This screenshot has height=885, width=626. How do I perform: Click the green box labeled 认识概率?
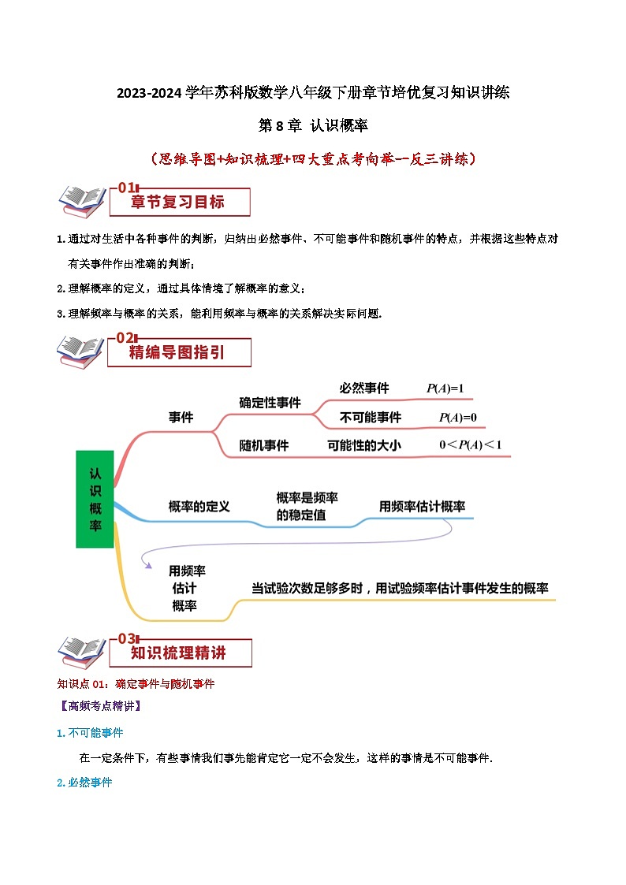tap(95, 499)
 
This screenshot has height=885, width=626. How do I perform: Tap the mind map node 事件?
tap(181, 418)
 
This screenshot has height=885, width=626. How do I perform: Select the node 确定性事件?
tap(270, 403)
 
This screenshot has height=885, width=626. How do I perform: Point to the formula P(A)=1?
tap(445, 389)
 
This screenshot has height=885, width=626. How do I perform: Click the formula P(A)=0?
tap(457, 418)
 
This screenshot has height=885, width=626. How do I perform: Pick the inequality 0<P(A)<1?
tap(470, 445)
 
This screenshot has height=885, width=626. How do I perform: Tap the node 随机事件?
tap(264, 445)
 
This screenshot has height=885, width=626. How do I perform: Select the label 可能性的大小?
tap(364, 445)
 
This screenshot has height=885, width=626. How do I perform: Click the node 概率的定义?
tap(199, 507)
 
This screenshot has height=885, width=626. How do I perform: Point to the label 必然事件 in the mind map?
tap(364, 389)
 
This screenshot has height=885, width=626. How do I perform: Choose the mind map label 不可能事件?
tap(370, 418)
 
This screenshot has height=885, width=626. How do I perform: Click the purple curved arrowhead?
tap(146, 563)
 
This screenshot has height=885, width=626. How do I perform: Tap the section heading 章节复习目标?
tap(177, 203)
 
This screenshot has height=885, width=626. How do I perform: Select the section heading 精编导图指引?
tap(177, 353)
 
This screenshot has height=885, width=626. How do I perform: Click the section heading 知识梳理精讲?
tap(178, 653)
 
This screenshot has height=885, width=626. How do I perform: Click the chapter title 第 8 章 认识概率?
tap(314, 125)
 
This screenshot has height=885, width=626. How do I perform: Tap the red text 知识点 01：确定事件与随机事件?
tap(136, 684)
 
